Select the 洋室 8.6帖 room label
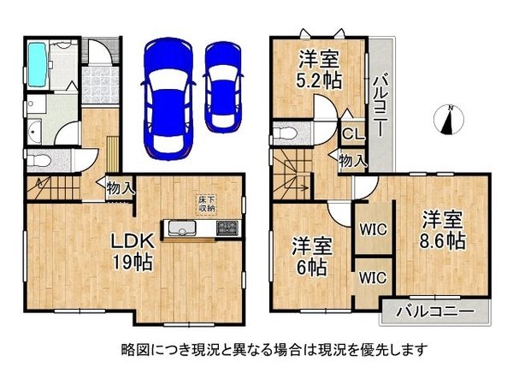click(442, 229)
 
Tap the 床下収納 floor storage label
click(206, 204)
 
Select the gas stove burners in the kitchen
click(227, 228)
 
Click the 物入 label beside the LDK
click(119, 187)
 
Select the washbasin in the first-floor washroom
click(33, 133)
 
